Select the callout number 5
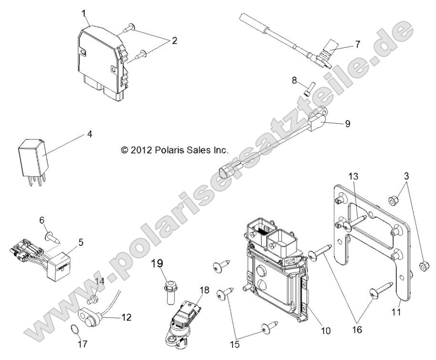(81, 242)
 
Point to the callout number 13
(352, 177)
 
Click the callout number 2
(174, 41)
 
